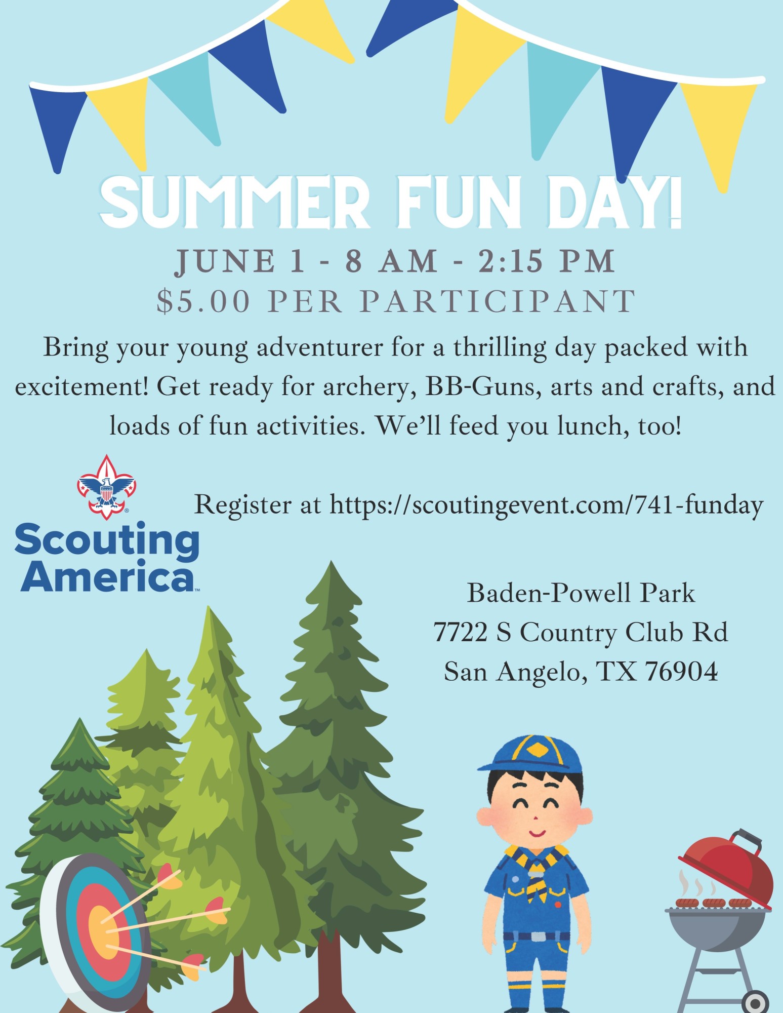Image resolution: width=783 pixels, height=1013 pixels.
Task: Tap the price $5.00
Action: (x=203, y=301)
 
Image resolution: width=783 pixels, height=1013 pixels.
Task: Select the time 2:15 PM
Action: (x=547, y=262)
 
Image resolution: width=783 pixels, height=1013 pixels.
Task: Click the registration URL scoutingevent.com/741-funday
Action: (x=547, y=505)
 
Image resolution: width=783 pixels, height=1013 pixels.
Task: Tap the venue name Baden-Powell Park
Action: (x=581, y=593)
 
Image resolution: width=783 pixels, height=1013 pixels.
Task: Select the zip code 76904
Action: (x=681, y=672)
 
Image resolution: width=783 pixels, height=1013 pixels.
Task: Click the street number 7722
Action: (x=461, y=633)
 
